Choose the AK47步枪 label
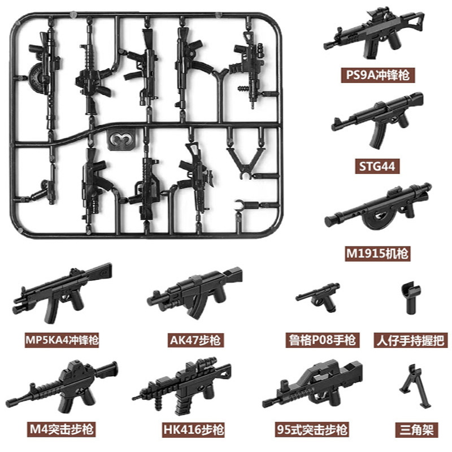coord(195,340)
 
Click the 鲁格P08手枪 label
coord(321,340)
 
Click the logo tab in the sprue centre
coord(119,139)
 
